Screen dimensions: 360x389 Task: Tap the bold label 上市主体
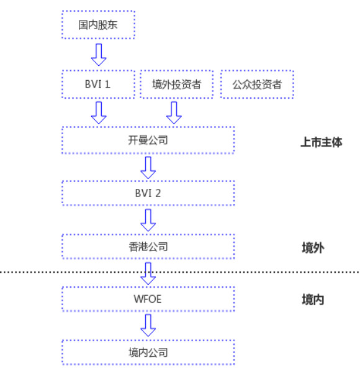(x=321, y=142)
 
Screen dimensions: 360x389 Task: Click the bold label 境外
(x=313, y=248)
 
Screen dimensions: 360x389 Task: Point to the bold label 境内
(x=313, y=300)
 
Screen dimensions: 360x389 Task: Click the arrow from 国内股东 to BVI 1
(x=99, y=55)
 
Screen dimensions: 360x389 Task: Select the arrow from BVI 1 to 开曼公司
(x=99, y=112)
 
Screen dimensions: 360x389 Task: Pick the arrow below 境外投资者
(x=174, y=112)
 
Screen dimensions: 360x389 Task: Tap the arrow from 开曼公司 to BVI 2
(x=148, y=167)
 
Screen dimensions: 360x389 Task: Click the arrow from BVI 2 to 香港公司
(x=148, y=220)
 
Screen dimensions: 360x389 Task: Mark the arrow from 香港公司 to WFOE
(x=148, y=273)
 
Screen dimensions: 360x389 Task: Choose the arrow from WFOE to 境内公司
(x=148, y=325)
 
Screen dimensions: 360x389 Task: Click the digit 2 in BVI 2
(x=158, y=193)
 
